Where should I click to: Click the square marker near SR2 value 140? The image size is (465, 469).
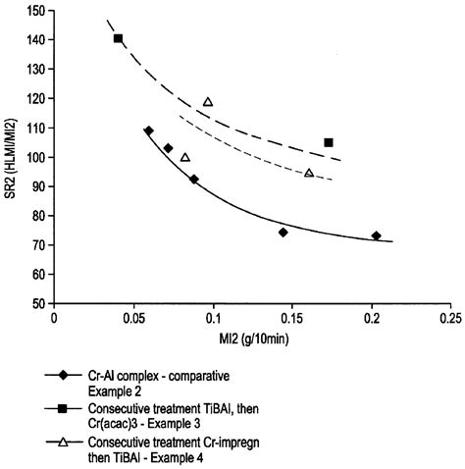(118, 38)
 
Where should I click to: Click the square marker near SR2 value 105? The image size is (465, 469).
(329, 142)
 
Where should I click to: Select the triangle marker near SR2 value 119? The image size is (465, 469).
(208, 102)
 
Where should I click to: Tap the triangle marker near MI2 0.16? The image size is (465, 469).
(309, 173)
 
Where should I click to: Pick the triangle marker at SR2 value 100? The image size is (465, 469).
(184, 157)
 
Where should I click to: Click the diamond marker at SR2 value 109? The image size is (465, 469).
(148, 130)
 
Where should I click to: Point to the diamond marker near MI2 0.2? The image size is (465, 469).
(377, 235)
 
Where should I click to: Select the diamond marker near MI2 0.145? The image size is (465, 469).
(283, 233)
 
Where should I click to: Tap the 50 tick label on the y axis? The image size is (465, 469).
(41, 304)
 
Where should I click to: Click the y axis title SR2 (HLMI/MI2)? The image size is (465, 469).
(12, 157)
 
